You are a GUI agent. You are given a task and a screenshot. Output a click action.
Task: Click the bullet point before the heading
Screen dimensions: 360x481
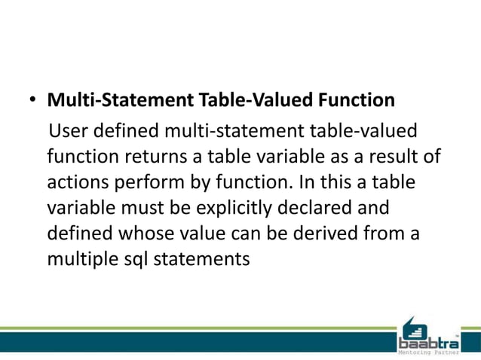(32, 100)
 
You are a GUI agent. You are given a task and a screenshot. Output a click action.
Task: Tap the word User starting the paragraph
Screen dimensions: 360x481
(68, 132)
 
